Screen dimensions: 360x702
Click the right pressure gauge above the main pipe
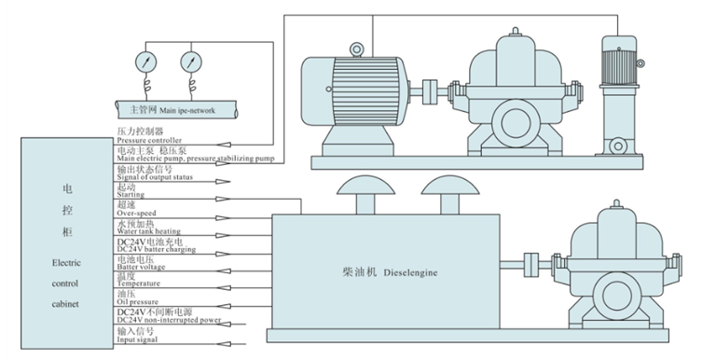(x=192, y=62)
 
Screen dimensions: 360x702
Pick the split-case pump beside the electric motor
(x=515, y=96)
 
